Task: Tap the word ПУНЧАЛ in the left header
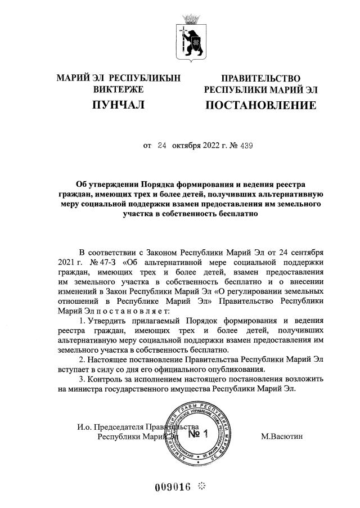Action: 118,105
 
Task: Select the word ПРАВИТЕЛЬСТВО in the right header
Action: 260,79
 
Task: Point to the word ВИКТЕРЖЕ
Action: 118,89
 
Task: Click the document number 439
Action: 246,145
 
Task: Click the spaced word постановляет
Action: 130,310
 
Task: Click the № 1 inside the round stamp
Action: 197,434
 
